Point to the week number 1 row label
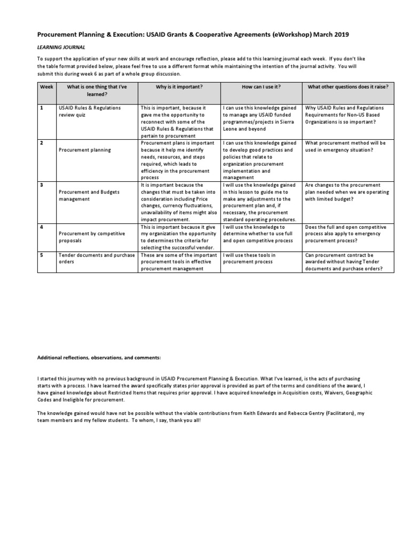point(41,108)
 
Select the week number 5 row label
point(41,255)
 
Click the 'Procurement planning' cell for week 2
point(85,150)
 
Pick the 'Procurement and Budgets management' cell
point(89,195)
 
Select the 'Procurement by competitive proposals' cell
point(91,237)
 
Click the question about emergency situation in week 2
point(345,147)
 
